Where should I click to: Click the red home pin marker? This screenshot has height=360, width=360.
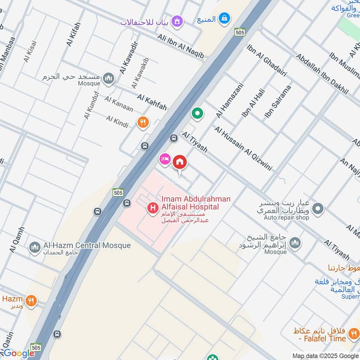pyautogui.click(x=180, y=162)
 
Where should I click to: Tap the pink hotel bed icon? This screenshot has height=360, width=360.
pyautogui.click(x=164, y=159)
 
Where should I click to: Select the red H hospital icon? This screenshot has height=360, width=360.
pyautogui.click(x=153, y=208)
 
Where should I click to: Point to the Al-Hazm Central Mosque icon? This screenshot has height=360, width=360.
pyautogui.click(x=35, y=247)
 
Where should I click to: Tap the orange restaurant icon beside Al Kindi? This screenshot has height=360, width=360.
pyautogui.click(x=143, y=122)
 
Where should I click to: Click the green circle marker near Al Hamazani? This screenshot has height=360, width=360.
pyautogui.click(x=197, y=113)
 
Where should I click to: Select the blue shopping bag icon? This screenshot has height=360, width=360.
pyautogui.click(x=225, y=19)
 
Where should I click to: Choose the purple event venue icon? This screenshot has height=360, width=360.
pyautogui.click(x=178, y=21)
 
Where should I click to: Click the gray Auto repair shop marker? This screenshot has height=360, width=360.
pyautogui.click(x=318, y=208)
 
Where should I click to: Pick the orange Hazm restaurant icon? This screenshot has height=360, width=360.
pyautogui.click(x=31, y=301)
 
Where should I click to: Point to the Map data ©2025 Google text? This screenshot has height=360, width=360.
pyautogui.click(x=325, y=355)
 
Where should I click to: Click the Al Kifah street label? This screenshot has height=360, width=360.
pyautogui.click(x=75, y=35)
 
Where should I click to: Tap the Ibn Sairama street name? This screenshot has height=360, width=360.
pyautogui.click(x=278, y=102)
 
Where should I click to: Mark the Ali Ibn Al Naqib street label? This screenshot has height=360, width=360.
pyautogui.click(x=180, y=45)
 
